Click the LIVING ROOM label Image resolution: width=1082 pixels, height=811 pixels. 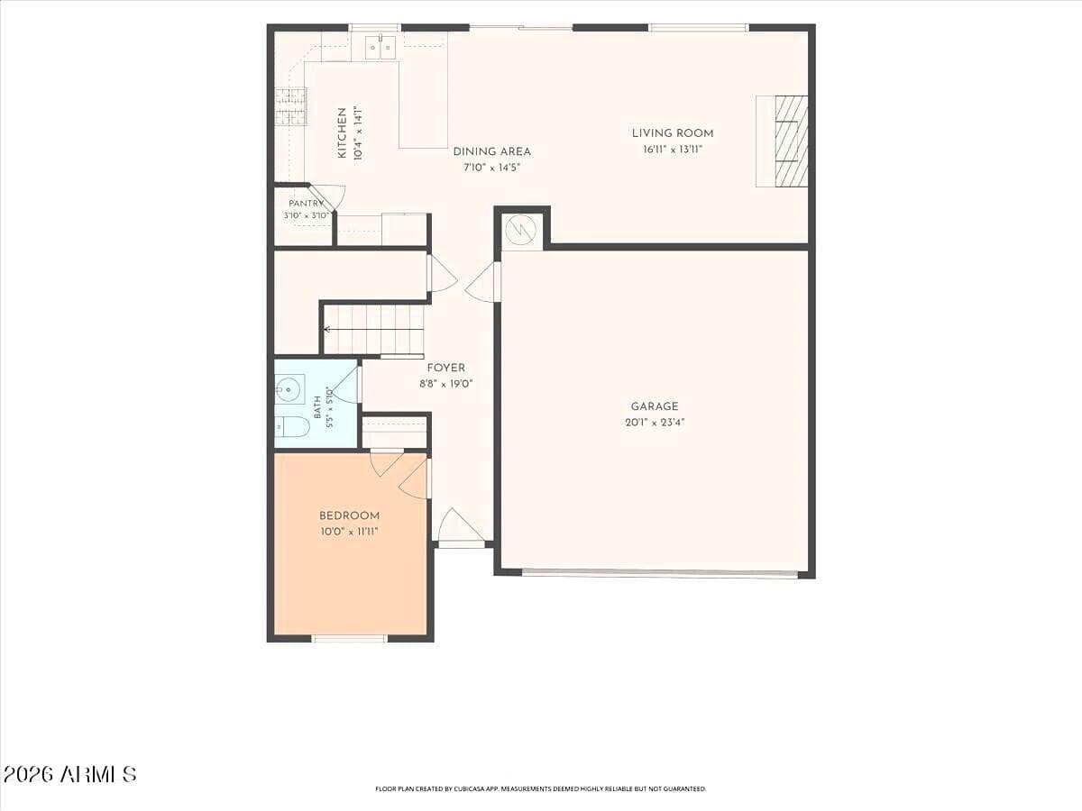[x=673, y=133]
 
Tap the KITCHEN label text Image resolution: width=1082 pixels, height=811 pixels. [x=342, y=133]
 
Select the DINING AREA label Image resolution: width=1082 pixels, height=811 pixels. [x=492, y=151]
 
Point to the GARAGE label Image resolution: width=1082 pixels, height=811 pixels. [x=655, y=406]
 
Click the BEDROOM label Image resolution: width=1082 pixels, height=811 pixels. [x=350, y=515]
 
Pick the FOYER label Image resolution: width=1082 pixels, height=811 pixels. [x=446, y=368]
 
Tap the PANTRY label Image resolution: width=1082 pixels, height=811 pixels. [x=306, y=204]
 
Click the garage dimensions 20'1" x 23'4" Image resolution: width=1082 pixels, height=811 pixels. [x=656, y=423]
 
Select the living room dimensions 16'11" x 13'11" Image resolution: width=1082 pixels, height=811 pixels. [x=673, y=150]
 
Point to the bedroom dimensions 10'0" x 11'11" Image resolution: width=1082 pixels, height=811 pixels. [x=350, y=532]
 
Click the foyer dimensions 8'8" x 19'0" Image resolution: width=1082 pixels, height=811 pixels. [x=446, y=384]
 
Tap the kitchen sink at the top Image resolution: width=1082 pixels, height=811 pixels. [x=381, y=47]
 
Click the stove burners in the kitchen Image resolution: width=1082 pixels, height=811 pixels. [x=290, y=106]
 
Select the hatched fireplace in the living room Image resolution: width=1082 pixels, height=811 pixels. [x=791, y=141]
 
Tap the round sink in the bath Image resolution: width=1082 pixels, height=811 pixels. [x=289, y=389]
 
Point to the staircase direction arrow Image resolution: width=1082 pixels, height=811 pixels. [x=373, y=329]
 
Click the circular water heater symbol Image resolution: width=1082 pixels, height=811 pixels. [x=522, y=231]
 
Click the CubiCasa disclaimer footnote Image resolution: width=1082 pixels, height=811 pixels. [x=541, y=788]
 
